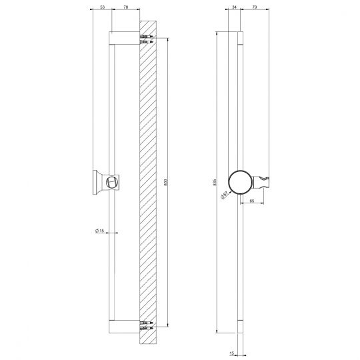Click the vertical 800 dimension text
tap(165, 182)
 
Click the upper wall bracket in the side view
tap(125, 37)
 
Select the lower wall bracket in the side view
tap(125, 327)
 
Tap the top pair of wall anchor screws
tap(147, 39)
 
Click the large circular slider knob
tap(240, 181)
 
